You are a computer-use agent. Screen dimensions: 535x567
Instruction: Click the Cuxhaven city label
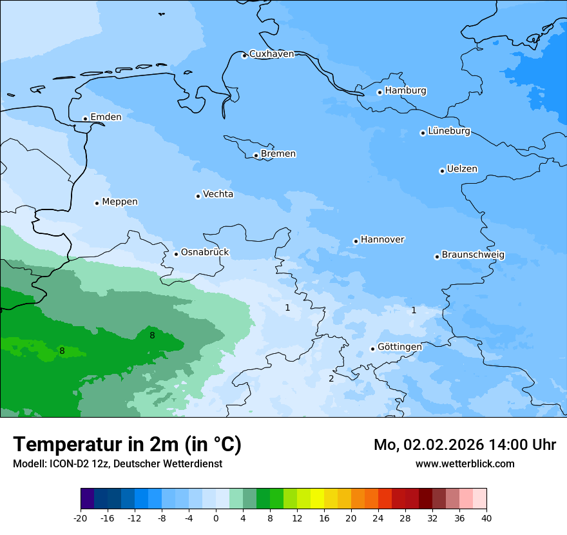point(271,54)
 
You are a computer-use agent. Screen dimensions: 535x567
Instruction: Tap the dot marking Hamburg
point(380,92)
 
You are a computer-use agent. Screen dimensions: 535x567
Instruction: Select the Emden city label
point(106,117)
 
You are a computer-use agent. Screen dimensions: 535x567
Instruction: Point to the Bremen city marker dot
point(256,155)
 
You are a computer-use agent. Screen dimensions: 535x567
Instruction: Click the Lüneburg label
point(449,131)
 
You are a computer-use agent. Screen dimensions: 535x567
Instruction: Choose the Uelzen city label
point(462,169)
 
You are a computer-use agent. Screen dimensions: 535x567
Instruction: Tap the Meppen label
point(120,202)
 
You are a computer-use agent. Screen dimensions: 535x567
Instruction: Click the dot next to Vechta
point(198,196)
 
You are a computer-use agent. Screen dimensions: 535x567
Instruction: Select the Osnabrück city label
point(205,252)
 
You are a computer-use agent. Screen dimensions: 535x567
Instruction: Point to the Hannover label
point(382,240)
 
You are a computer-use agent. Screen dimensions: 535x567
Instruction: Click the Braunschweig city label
point(473,255)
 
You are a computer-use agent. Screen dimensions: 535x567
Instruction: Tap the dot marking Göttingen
point(372,349)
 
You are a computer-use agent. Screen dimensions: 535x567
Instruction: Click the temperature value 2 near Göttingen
point(331,378)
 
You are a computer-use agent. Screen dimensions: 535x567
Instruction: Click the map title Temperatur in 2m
point(127,445)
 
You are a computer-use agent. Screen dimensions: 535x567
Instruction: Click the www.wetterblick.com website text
point(465,464)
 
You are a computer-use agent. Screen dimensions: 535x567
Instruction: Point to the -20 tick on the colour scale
point(81,518)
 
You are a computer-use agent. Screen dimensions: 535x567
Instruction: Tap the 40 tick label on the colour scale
point(486,518)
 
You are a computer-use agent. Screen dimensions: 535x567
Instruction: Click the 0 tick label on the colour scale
point(216,518)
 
